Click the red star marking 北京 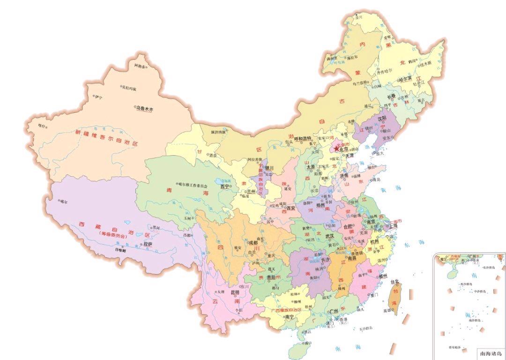coord(336,149)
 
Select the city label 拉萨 coord(148,244)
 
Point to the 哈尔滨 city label coord(407,80)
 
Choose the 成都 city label coord(253,243)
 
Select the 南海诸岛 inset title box coord(490,354)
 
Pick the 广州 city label coord(334,311)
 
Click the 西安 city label coord(291,208)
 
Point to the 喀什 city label coord(43,126)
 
